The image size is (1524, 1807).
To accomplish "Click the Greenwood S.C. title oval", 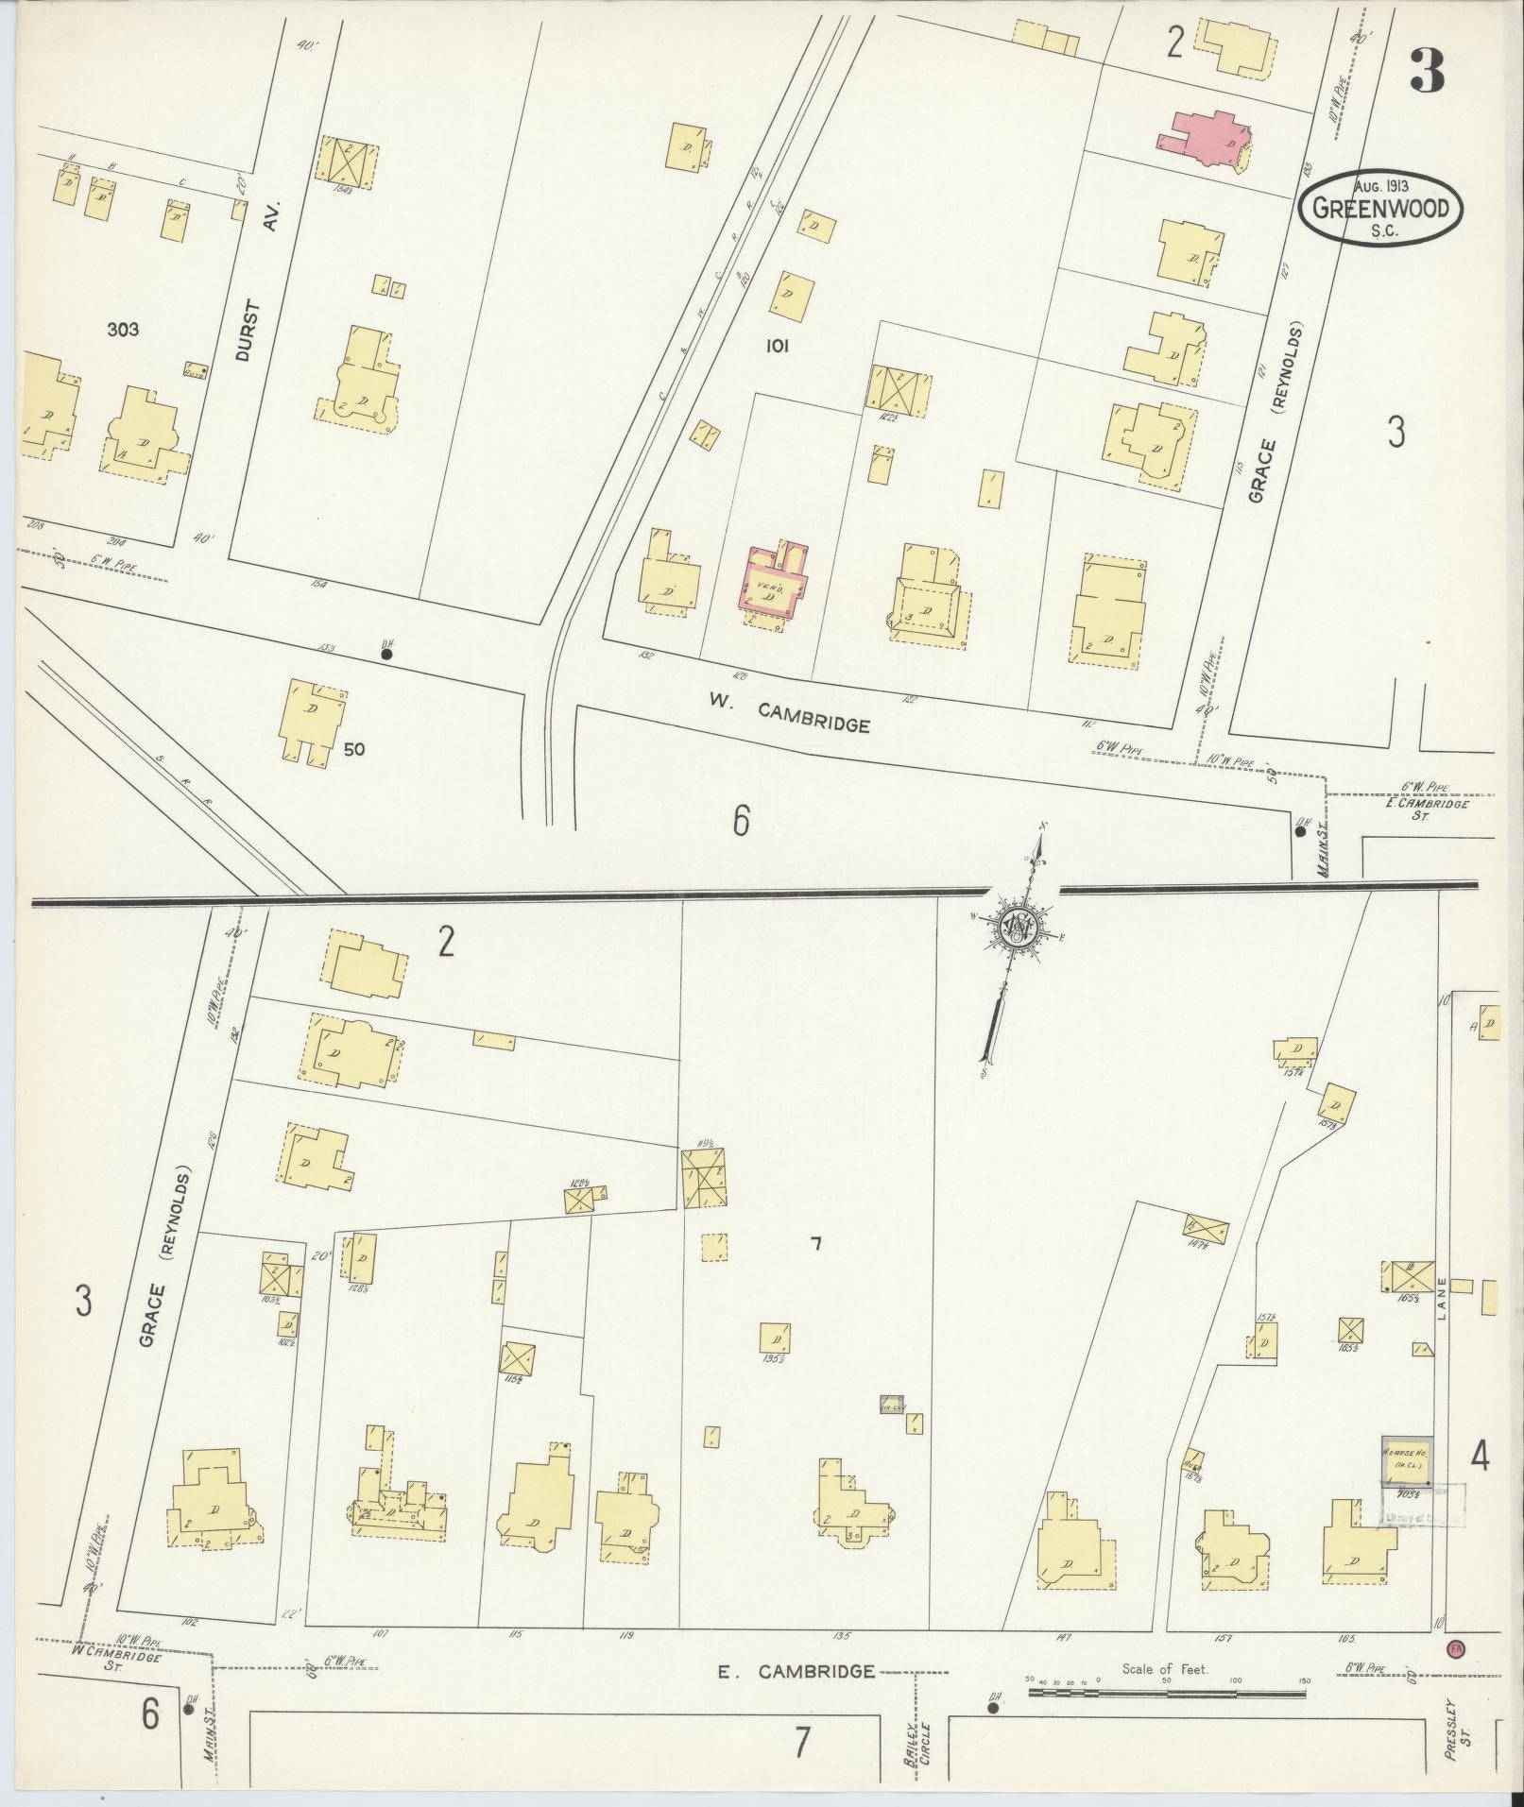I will coord(1379,208).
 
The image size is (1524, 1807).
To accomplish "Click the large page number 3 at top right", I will coord(1427,71).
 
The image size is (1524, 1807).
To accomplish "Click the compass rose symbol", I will coord(1019,929).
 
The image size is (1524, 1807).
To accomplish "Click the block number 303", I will coord(123,329).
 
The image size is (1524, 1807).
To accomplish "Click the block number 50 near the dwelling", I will coord(354,749).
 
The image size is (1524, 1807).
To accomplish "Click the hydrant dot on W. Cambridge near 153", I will coord(386,652).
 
